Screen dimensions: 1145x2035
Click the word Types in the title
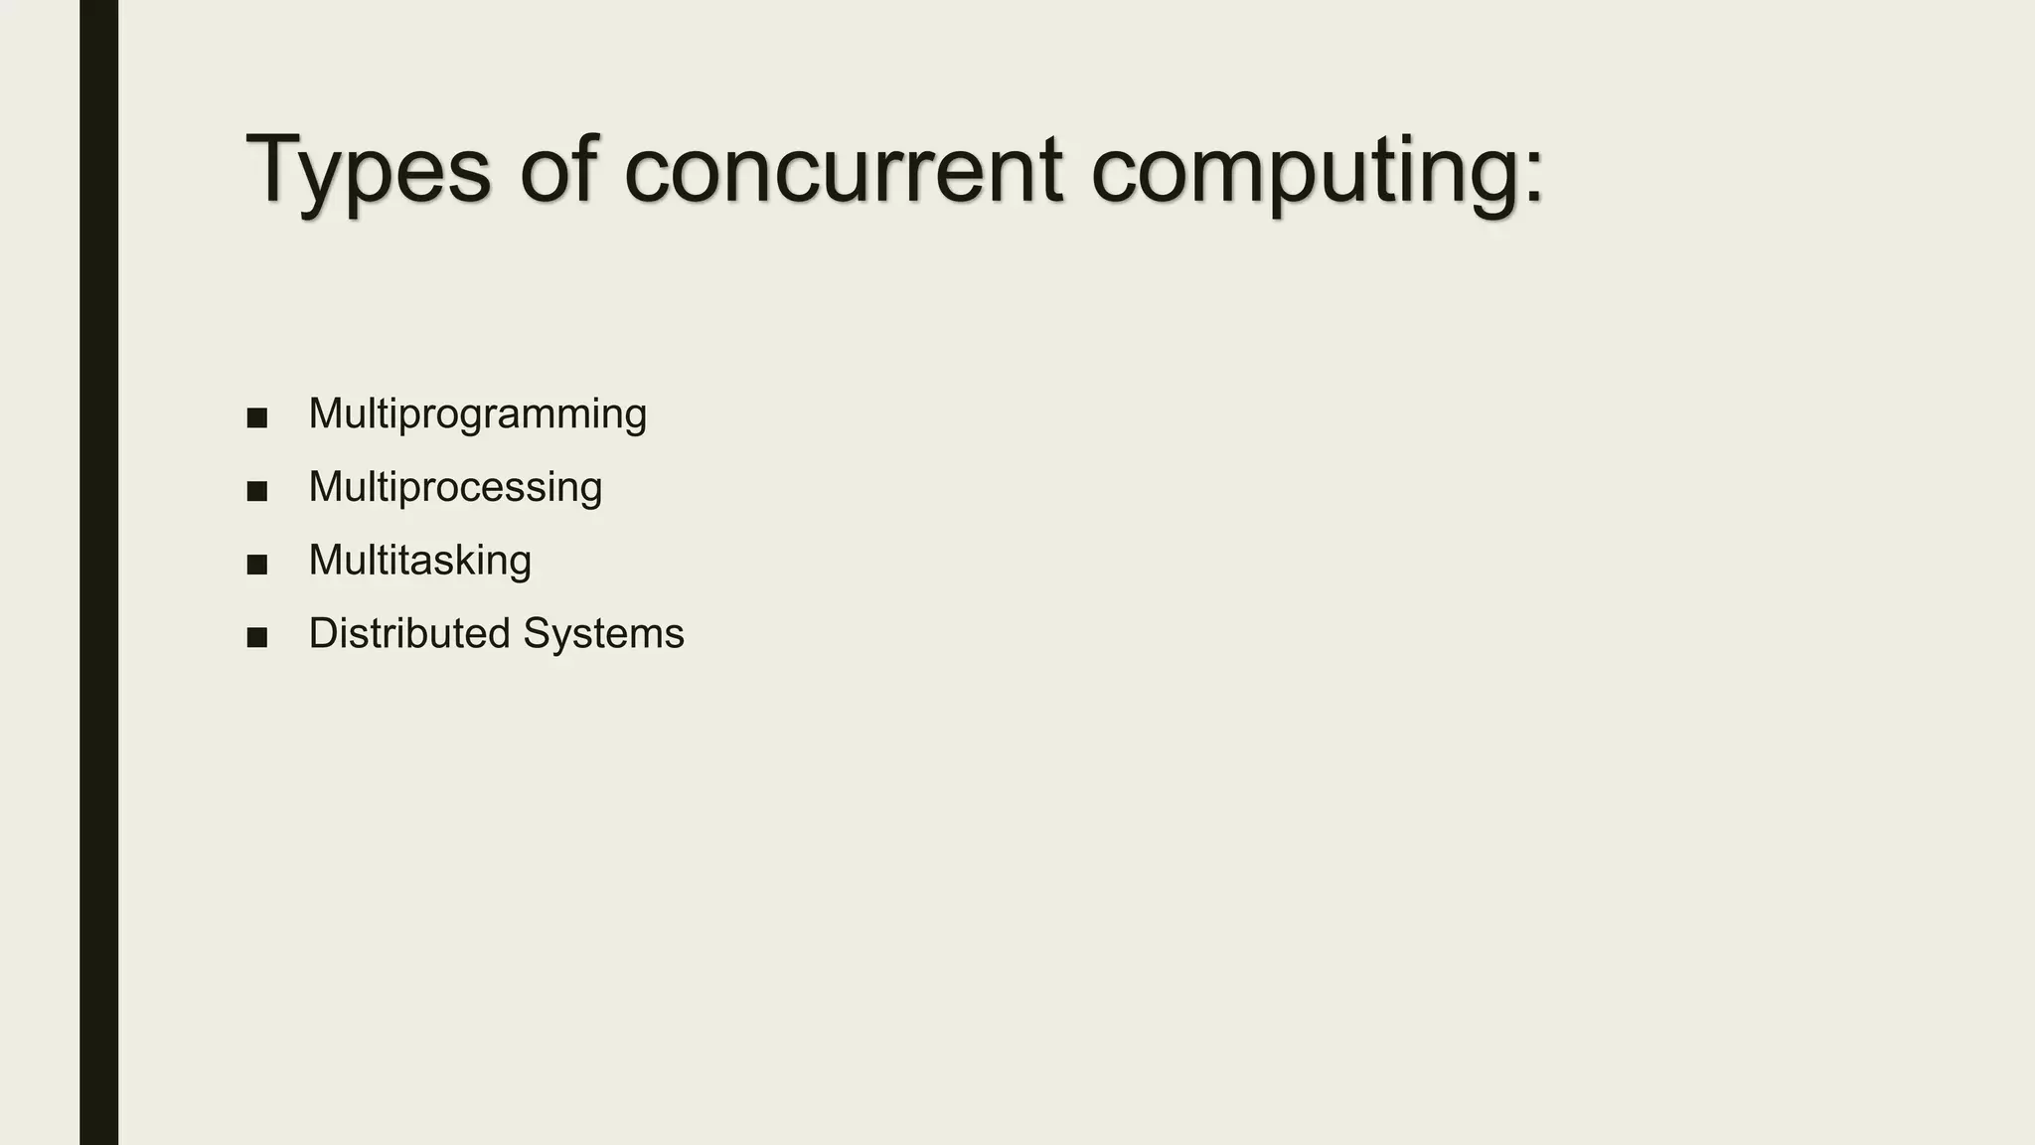pos(368,171)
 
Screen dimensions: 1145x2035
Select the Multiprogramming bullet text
pos(477,414)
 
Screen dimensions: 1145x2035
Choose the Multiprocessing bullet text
pos(455,488)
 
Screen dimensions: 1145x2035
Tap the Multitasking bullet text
pos(419,561)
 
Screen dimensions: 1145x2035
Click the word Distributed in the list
pos(409,633)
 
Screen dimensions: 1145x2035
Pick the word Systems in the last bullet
pos(603,634)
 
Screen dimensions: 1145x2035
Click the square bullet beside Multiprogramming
pos(257,417)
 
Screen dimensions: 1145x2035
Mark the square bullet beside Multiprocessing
pos(257,491)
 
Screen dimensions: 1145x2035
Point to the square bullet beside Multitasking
pos(257,565)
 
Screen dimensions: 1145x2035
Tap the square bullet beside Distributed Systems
pos(257,637)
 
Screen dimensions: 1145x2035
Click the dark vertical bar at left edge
pos(98,572)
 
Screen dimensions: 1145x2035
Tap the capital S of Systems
pos(538,633)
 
